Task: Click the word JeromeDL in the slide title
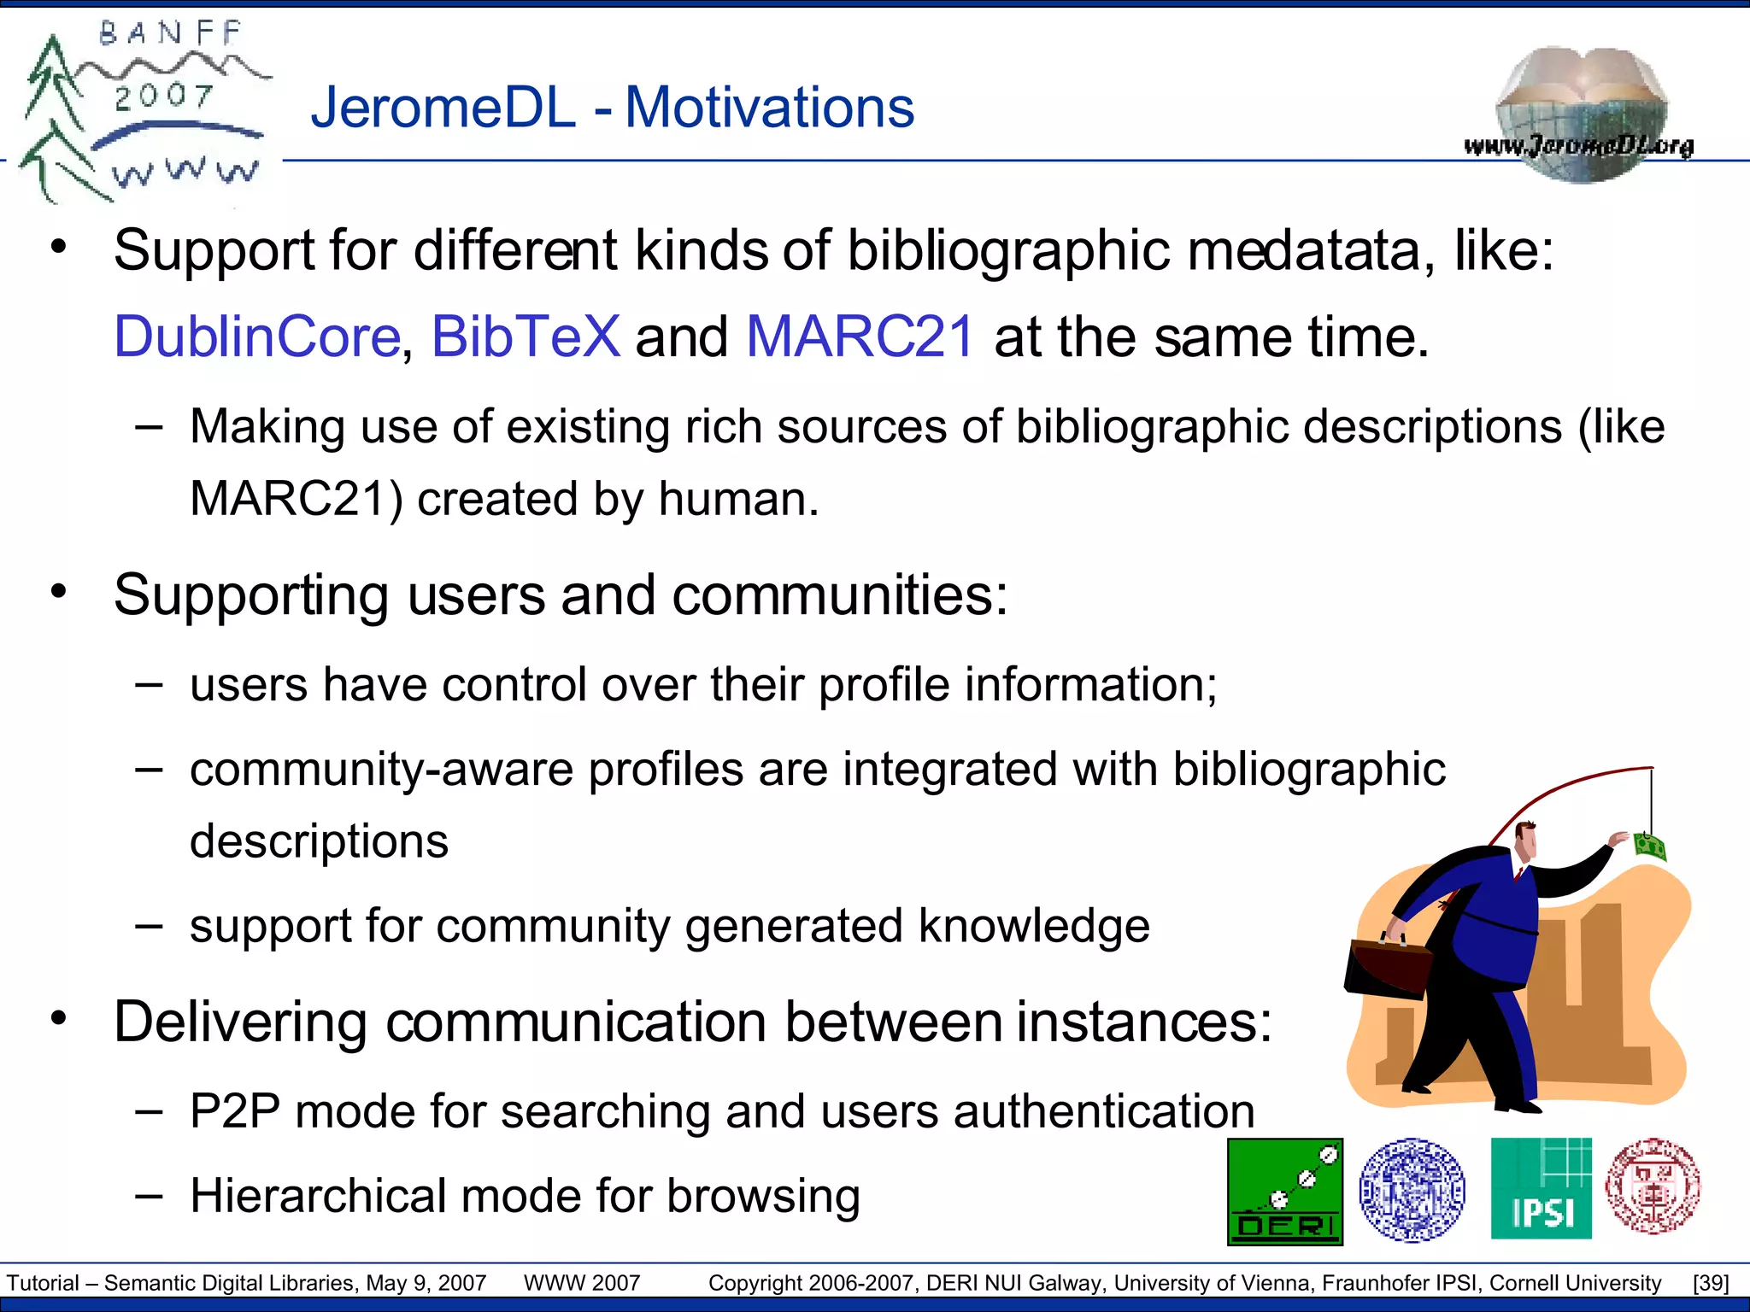443,108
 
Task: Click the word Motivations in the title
769,108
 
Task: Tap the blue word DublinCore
257,337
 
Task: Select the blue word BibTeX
526,337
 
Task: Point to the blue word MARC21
860,337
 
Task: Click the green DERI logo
1285,1192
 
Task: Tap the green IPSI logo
1541,1188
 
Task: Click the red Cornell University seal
1653,1186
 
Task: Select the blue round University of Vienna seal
1412,1189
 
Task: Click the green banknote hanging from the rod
1649,846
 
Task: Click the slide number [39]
1711,1283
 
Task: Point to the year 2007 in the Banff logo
163,96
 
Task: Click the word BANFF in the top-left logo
170,33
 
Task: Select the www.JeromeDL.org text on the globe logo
1578,146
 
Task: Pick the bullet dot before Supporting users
58,591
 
